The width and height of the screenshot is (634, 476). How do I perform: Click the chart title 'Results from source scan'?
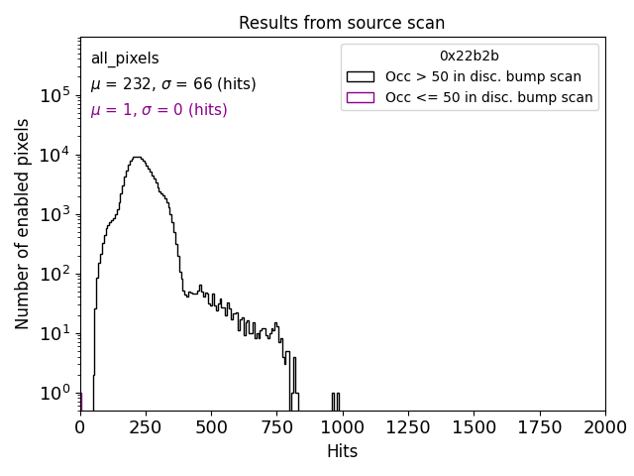tap(342, 23)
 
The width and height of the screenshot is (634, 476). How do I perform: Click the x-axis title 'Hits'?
tap(342, 451)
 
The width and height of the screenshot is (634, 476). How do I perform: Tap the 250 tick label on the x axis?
tap(146, 427)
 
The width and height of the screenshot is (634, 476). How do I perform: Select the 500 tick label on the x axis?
tap(211, 427)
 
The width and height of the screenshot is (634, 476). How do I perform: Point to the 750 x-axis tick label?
tap(276, 427)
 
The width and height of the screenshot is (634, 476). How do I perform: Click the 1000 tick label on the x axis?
tap(342, 427)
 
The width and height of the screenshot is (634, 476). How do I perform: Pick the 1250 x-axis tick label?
tap(408, 427)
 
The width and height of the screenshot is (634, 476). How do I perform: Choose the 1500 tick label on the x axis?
tap(474, 427)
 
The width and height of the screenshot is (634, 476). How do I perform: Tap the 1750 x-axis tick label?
tap(539, 427)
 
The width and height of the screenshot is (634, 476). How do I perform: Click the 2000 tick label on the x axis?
tap(604, 427)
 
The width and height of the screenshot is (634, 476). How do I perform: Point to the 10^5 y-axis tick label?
tap(54, 95)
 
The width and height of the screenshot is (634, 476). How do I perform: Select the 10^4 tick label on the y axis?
tap(54, 155)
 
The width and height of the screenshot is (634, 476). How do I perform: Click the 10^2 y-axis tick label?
tap(54, 274)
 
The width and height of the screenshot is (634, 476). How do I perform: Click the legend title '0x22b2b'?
tap(470, 56)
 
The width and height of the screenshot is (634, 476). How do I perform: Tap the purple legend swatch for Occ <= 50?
tap(361, 97)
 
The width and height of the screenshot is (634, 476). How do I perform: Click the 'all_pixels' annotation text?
tap(125, 59)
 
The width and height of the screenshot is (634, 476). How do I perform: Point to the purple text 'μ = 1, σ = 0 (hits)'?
tap(158, 110)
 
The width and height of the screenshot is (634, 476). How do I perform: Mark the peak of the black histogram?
tap(139, 157)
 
